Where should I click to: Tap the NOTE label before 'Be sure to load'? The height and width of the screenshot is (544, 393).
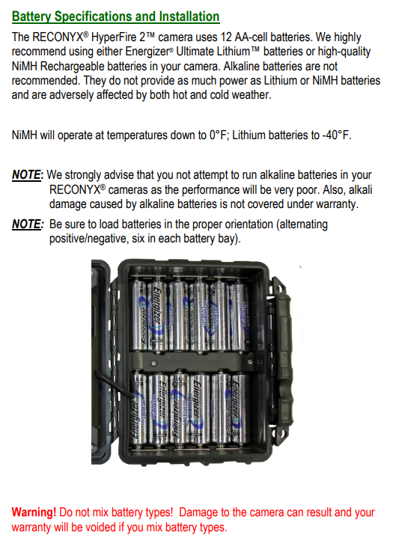tap(27, 224)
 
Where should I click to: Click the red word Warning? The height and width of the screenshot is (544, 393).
tap(34, 513)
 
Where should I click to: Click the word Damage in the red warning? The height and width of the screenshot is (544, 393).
tap(207, 513)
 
